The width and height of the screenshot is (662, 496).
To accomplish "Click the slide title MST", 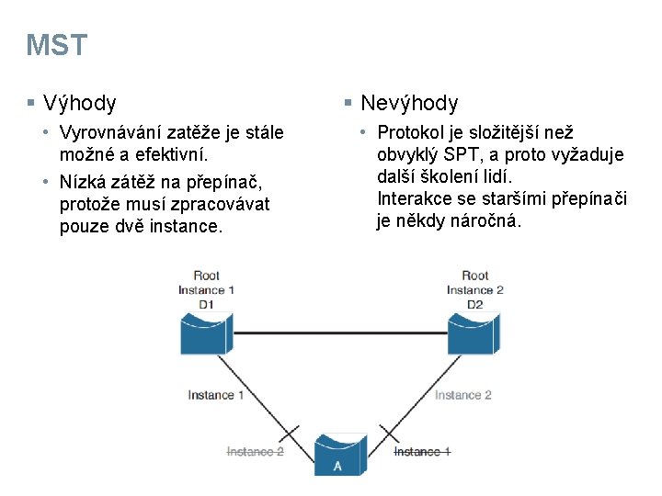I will pyautogui.click(x=57, y=45).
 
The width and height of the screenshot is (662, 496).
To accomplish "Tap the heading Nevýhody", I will pyautogui.click(x=409, y=103).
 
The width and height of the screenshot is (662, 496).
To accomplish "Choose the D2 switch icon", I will pyautogui.click(x=475, y=333).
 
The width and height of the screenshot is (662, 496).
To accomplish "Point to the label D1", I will pyautogui.click(x=206, y=304).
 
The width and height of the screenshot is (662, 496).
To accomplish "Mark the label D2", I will pyautogui.click(x=475, y=304).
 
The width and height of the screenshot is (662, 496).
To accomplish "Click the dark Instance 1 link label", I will pyautogui.click(x=216, y=395).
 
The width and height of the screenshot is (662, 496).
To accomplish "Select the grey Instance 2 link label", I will pyautogui.click(x=463, y=395).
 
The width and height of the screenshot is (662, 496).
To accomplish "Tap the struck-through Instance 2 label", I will pyautogui.click(x=256, y=452).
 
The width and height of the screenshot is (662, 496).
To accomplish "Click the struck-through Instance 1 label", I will pyautogui.click(x=422, y=452).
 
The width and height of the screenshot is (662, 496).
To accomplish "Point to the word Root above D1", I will pyautogui.click(x=207, y=276).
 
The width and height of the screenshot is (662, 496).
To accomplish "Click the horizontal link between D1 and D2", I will pyautogui.click(x=340, y=332).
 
